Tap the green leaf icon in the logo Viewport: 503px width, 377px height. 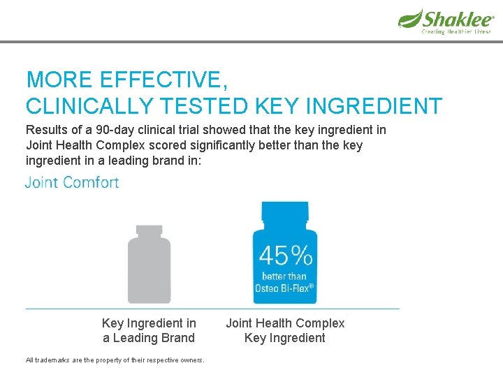(x=410, y=18)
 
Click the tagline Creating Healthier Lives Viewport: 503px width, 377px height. (x=456, y=32)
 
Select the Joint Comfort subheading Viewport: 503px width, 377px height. (x=72, y=183)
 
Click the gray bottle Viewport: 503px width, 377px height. (x=149, y=265)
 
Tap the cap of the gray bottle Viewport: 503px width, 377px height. (x=149, y=230)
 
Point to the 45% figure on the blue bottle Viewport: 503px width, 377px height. (x=284, y=256)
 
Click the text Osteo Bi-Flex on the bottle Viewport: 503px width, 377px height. (x=284, y=288)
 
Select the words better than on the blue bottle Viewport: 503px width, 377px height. (x=284, y=276)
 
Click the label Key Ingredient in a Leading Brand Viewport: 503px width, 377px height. (x=149, y=330)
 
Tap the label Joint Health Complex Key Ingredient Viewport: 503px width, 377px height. (x=285, y=330)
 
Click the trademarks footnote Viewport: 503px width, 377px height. (x=115, y=360)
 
